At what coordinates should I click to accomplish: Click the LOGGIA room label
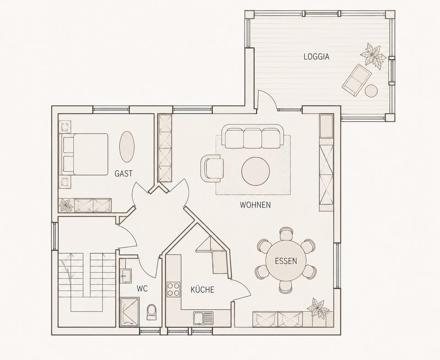[317, 57]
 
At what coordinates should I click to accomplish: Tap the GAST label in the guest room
[123, 174]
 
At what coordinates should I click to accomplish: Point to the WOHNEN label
[255, 205]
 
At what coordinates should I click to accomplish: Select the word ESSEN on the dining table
[286, 261]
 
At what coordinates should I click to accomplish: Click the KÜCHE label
[202, 289]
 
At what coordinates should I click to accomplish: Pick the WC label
[142, 289]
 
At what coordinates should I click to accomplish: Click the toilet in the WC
[151, 312]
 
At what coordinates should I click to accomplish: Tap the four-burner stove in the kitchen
[173, 289]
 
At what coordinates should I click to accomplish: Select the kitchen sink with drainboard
[203, 318]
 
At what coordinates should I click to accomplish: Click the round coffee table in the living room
[256, 171]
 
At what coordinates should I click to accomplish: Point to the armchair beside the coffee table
[212, 168]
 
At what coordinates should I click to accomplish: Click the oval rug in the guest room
[127, 147]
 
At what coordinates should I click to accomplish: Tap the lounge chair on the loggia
[357, 80]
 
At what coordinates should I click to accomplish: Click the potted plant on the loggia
[373, 56]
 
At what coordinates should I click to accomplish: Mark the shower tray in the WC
[129, 312]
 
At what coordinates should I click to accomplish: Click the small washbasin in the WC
[126, 276]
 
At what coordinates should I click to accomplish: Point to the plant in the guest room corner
[66, 206]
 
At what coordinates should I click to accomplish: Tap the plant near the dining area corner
[318, 309]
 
